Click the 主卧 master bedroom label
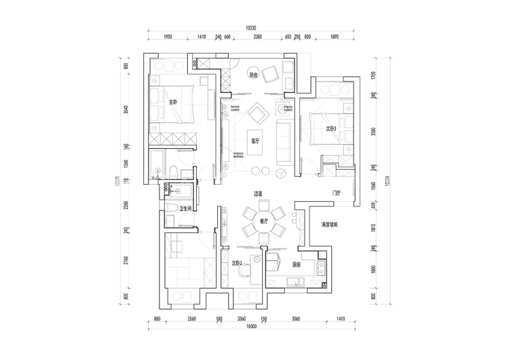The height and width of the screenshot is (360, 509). pos(173,103)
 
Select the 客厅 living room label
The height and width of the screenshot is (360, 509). pos(255,141)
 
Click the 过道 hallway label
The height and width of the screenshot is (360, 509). pos(259,194)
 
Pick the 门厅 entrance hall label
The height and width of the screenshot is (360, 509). pos(336,193)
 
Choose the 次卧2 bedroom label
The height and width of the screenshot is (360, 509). pos(237,264)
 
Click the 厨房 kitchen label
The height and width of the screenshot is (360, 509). pos(297,265)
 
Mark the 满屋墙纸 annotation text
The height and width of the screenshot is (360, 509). pos(331,224)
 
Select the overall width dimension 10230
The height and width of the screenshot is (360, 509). pos(251,28)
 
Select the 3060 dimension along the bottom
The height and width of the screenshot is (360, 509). pos(296,319)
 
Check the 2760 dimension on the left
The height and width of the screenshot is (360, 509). pos(126,261)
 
